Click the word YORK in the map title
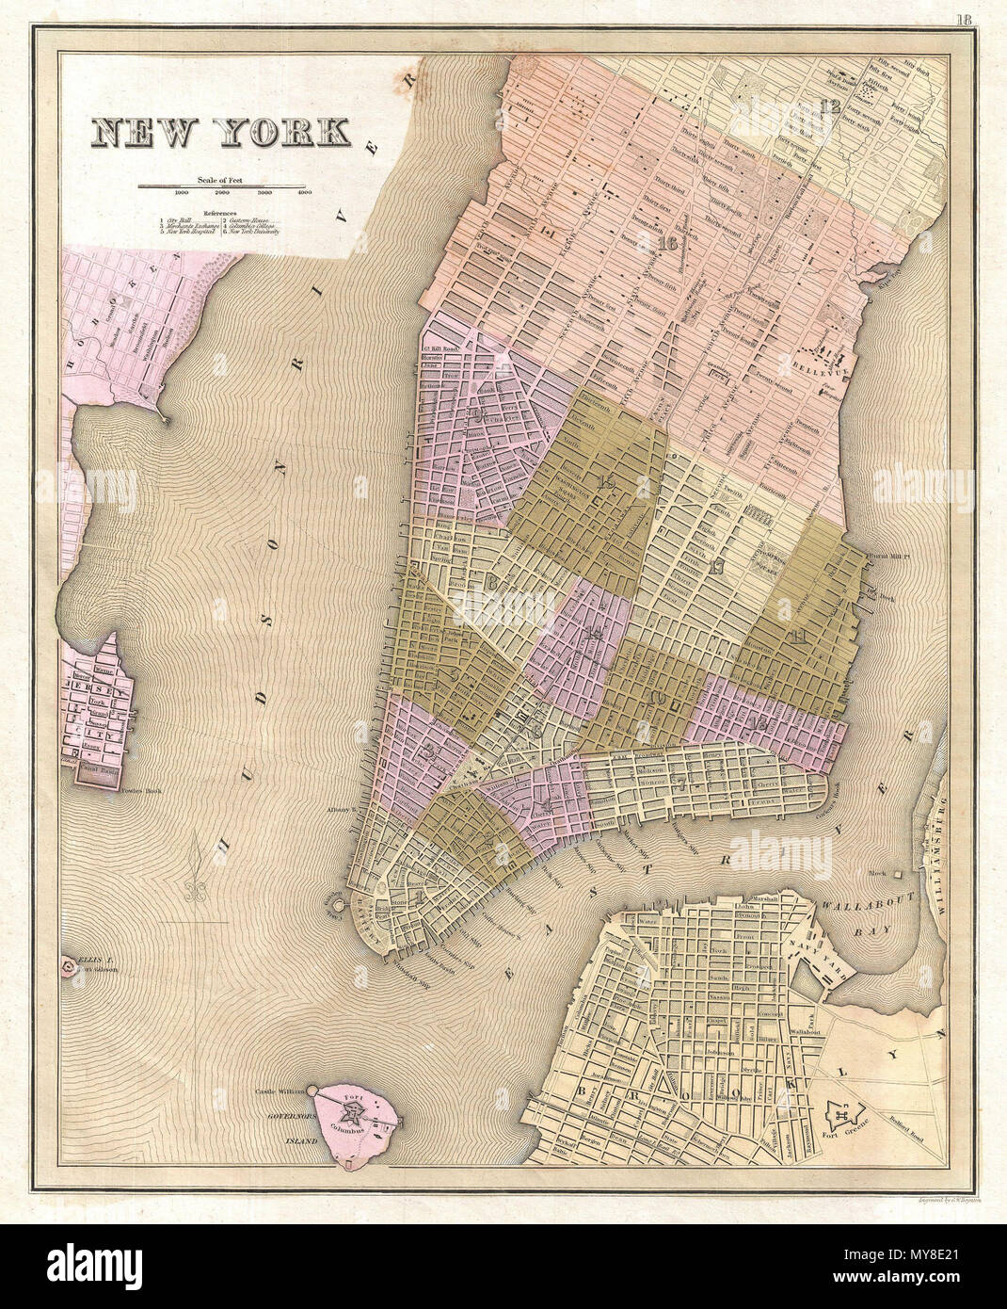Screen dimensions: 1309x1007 pos(286,133)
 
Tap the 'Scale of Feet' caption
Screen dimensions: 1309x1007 pos(220,178)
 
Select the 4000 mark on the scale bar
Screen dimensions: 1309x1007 pos(304,193)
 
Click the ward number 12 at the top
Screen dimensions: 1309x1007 pos(829,105)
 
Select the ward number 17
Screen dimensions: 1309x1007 pos(718,566)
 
